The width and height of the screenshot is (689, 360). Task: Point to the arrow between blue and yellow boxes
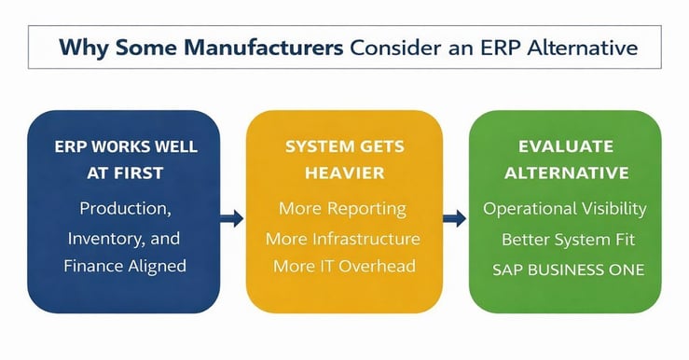coord(232,218)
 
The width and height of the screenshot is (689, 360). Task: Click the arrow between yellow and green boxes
coord(455,218)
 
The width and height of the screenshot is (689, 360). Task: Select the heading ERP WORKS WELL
coord(125,146)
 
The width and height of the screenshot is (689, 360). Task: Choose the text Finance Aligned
coord(125,266)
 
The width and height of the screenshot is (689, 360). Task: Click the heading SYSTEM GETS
coord(343,146)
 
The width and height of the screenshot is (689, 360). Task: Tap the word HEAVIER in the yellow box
coord(343,173)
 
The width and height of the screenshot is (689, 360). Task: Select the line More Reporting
coord(343,209)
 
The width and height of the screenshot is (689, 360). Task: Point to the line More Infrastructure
coord(343,239)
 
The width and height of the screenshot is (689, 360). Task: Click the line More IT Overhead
coord(343,267)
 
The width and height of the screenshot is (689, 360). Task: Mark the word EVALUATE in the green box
coord(565,146)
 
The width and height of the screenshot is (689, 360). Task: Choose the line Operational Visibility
coord(565,209)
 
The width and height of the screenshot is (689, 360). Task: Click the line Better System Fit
coord(565,240)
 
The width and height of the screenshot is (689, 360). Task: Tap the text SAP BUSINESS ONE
coord(565,270)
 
